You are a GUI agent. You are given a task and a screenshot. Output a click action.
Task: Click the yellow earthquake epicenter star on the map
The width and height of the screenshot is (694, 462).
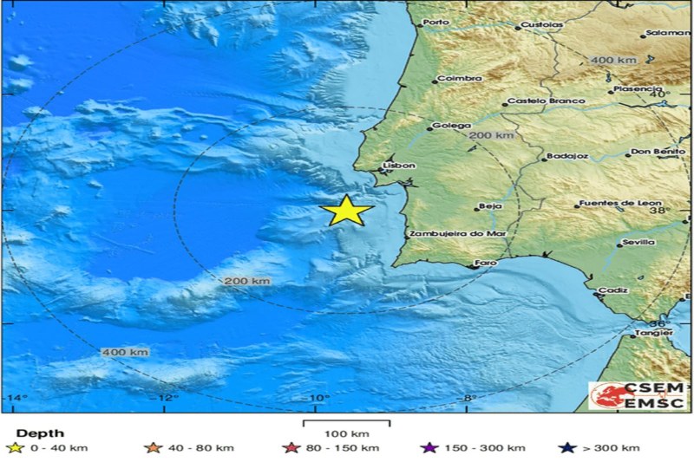click(x=346, y=211)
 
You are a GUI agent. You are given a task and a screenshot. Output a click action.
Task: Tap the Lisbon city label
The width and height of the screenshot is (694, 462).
click(x=399, y=165)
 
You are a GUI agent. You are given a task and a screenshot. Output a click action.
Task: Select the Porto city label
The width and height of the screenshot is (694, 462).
click(x=436, y=23)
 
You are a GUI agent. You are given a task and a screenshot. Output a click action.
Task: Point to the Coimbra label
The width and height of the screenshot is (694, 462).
click(x=459, y=78)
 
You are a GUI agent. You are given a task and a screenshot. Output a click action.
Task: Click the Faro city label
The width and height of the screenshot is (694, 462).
click(x=487, y=261)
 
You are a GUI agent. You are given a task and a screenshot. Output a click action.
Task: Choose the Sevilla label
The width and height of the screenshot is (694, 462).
click(x=638, y=243)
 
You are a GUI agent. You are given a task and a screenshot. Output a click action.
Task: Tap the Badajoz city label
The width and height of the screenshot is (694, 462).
click(x=566, y=157)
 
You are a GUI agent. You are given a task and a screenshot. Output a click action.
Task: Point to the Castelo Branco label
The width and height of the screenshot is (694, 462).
click(x=545, y=101)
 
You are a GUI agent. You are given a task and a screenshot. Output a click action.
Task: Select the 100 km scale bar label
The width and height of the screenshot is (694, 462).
click(x=346, y=433)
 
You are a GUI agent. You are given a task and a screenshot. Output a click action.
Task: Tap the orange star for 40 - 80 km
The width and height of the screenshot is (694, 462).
click(x=154, y=447)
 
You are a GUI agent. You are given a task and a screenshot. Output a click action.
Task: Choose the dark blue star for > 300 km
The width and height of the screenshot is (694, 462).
click(x=567, y=447)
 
